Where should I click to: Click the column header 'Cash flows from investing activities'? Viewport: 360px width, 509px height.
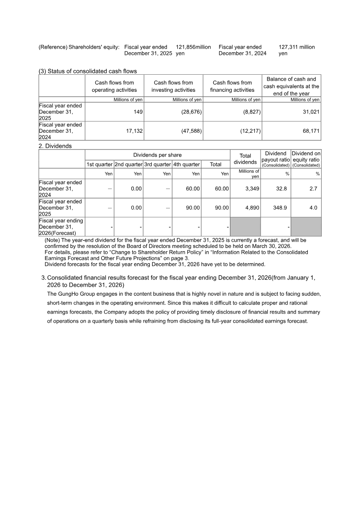point(173,86)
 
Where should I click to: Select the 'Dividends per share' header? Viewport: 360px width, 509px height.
point(157,155)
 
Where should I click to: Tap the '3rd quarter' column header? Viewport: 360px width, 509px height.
point(157,165)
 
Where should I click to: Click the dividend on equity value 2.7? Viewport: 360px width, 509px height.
point(313,189)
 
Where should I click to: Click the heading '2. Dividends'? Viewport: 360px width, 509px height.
point(55,146)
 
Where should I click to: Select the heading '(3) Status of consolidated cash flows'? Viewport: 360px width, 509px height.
point(88,71)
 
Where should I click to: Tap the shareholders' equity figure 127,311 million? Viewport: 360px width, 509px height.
point(297,47)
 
